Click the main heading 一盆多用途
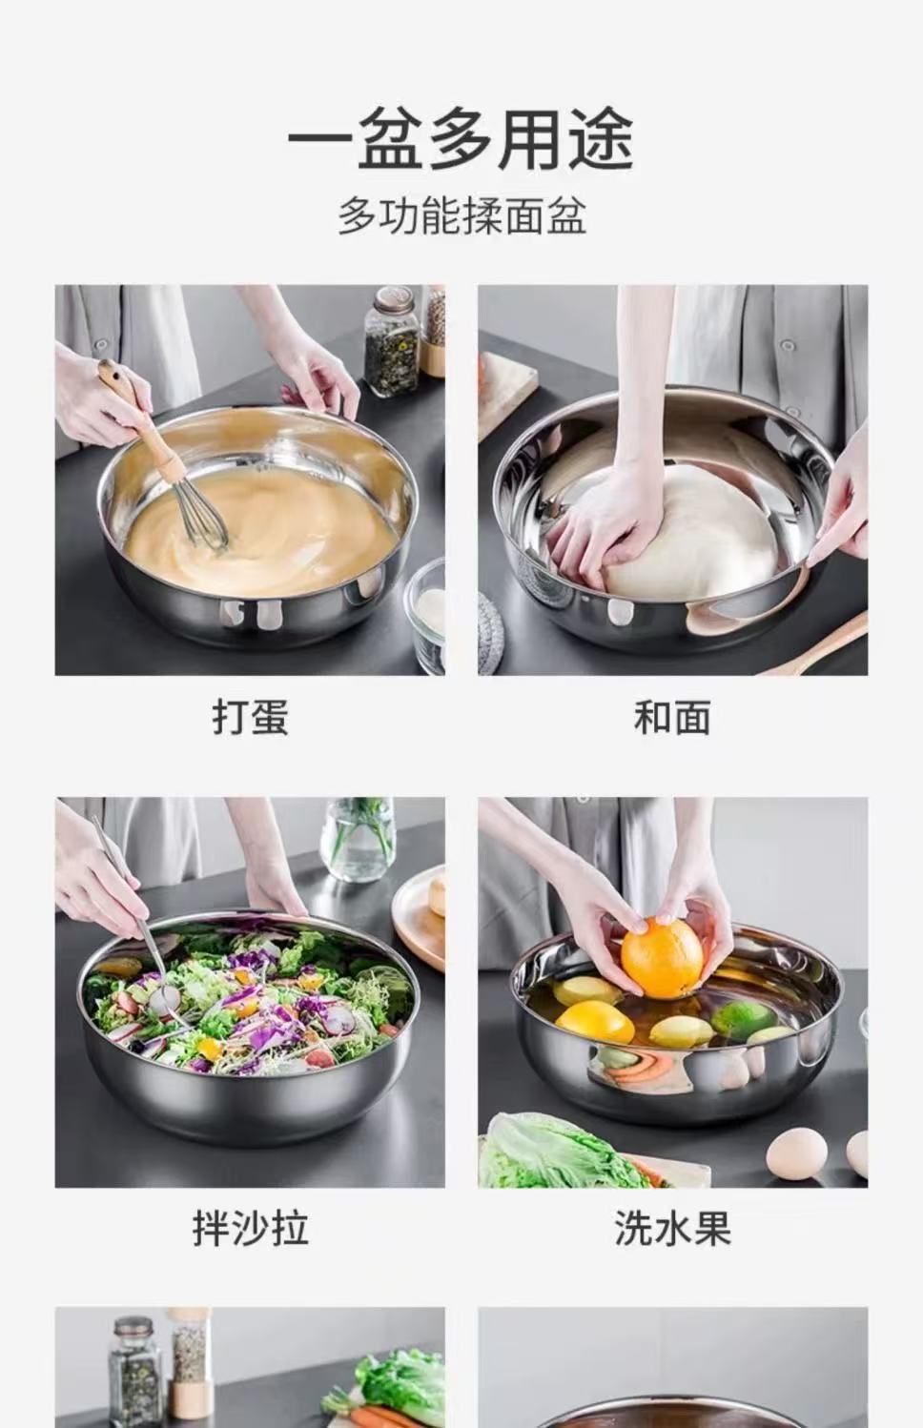461,141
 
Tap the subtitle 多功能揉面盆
461,215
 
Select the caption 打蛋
250,717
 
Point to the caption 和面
672,717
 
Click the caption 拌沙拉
250,1228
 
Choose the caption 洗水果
672,1228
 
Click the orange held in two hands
661,957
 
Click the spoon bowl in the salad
168,998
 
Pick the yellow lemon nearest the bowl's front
596,1023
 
